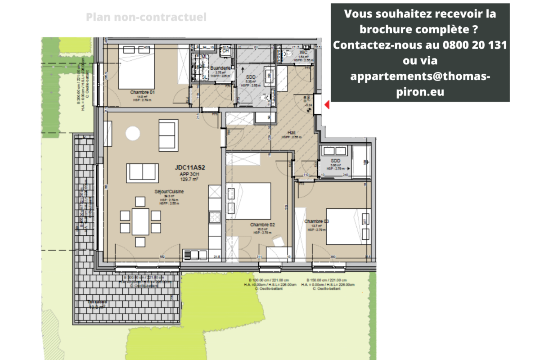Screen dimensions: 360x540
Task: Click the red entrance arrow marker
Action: tap(327, 105)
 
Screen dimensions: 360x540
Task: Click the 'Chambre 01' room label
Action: tap(143, 92)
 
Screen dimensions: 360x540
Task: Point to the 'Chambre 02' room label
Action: tap(263, 225)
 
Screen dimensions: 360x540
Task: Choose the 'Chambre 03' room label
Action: tap(317, 221)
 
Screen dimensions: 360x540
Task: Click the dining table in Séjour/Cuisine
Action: tap(140, 221)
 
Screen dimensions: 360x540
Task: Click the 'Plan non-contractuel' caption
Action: tap(146, 17)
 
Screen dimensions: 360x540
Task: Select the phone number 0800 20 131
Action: tap(469, 45)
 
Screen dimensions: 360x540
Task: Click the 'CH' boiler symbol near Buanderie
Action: tap(226, 50)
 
